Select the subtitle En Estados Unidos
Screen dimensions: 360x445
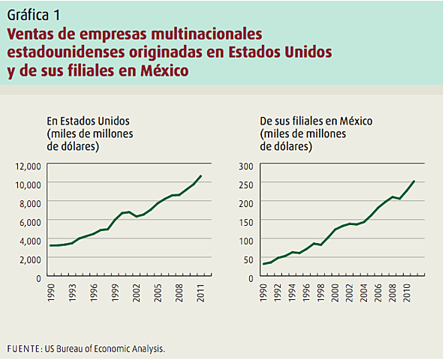click(89, 121)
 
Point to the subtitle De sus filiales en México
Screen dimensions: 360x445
click(316, 121)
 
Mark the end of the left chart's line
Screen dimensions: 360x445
click(201, 175)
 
